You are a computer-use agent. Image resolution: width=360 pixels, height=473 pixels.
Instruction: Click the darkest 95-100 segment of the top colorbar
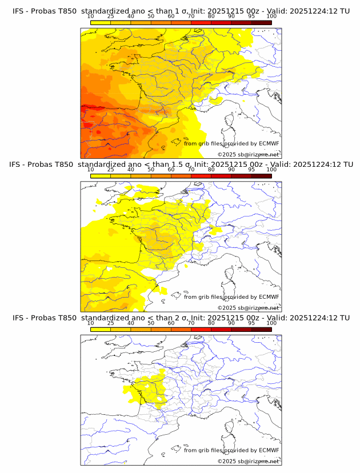[261, 22]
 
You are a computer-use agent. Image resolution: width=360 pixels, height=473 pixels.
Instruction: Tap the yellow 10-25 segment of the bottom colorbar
[101, 329]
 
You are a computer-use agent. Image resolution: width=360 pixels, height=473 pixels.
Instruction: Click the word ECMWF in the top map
[269, 143]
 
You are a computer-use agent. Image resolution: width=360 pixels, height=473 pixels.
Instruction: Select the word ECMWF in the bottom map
[269, 450]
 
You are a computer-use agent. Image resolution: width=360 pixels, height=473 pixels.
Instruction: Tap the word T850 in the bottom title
[67, 318]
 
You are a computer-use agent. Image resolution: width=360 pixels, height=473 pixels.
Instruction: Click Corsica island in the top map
[231, 121]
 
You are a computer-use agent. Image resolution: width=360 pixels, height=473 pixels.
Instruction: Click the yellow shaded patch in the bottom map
[149, 388]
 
